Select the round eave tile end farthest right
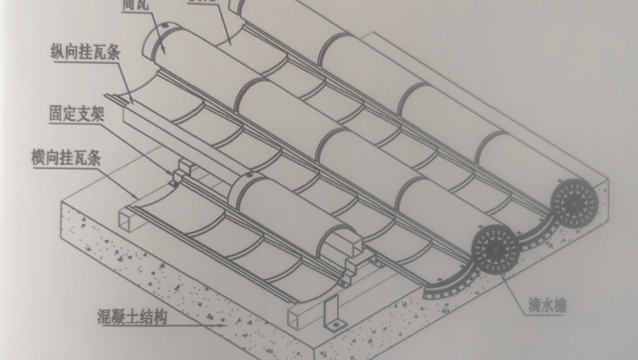click(x=574, y=205)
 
